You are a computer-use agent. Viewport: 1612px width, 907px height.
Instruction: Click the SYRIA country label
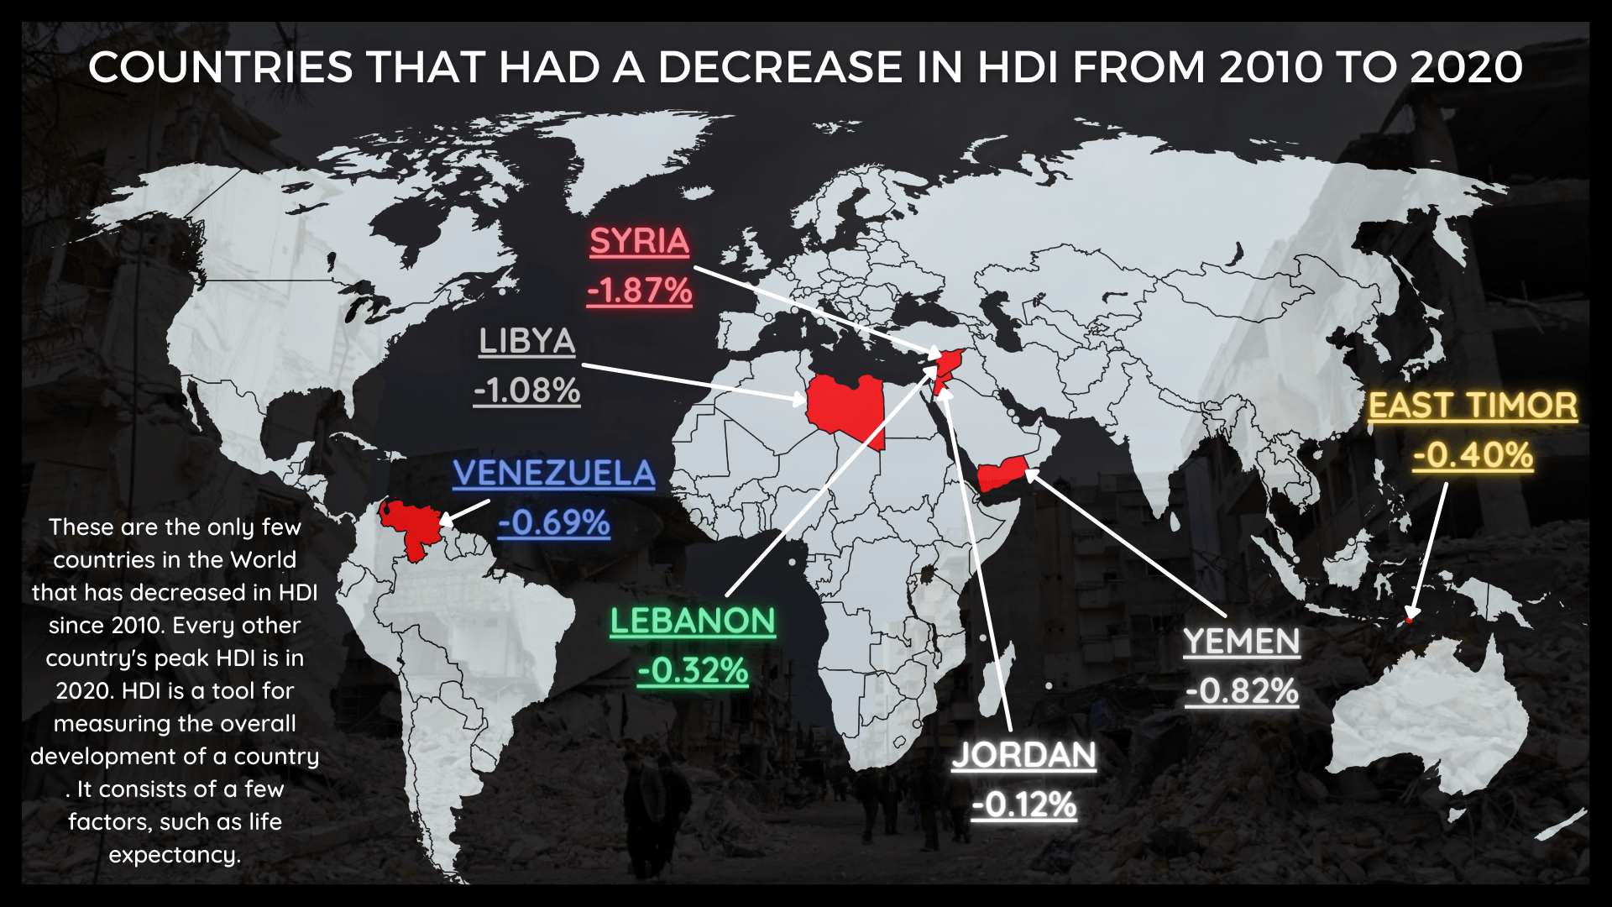639,242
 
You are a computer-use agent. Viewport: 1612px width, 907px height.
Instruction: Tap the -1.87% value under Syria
640,291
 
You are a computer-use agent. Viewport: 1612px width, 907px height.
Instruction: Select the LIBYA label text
526,342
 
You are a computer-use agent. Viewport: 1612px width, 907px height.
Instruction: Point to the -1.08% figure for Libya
526,391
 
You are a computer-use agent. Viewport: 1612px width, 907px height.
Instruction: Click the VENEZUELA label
553,474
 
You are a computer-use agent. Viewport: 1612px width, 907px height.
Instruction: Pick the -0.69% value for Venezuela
553,522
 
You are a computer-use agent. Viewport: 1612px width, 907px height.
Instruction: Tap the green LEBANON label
693,621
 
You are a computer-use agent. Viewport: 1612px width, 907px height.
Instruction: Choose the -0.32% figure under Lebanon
693,670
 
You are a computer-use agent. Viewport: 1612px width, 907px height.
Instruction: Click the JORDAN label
1023,755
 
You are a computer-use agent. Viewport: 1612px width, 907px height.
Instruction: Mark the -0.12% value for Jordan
1023,805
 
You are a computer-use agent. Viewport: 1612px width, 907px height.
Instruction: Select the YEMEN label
1242,642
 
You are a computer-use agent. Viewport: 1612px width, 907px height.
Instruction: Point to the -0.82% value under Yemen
1242,691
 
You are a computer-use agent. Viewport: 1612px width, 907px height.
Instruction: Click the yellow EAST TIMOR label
1473,406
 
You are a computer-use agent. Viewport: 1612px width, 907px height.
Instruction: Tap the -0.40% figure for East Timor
1473,455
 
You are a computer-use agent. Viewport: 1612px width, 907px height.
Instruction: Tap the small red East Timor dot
1410,620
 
